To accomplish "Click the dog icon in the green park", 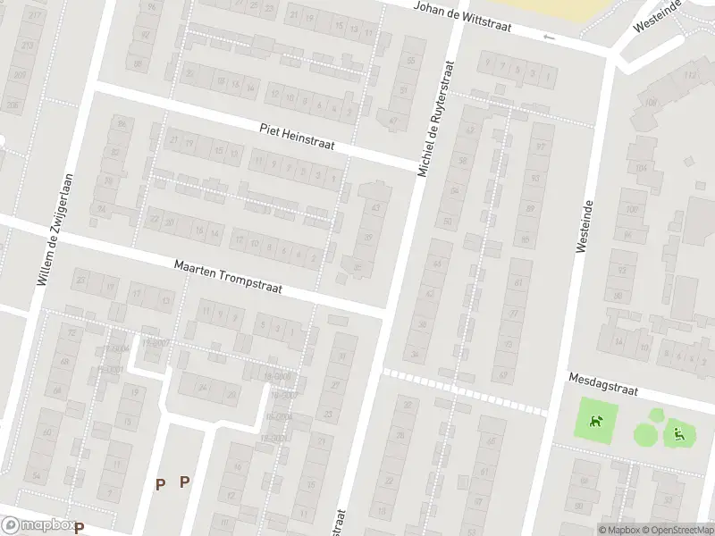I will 593,418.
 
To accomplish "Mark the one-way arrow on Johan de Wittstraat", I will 549,38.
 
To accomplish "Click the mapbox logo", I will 38,525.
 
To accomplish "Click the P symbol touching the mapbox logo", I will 79,528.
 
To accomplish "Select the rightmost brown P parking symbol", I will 184,482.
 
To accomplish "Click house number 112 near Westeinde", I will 689,75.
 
